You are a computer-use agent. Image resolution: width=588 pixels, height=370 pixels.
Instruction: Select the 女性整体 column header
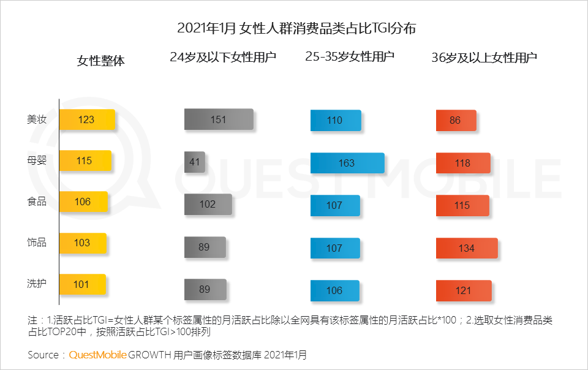(x=101, y=61)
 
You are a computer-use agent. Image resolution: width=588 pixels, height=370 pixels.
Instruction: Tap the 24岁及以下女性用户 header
(x=223, y=58)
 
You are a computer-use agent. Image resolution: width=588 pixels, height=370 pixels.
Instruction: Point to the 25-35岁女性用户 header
(x=350, y=57)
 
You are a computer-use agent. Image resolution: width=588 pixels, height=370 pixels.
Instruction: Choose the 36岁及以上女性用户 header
(x=484, y=58)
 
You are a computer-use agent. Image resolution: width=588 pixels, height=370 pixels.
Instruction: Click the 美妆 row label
(x=37, y=119)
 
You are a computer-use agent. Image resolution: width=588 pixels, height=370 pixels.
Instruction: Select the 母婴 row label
(x=37, y=161)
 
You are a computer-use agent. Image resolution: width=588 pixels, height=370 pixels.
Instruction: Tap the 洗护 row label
(x=37, y=284)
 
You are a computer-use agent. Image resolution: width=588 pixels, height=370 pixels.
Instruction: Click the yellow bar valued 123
(x=87, y=119)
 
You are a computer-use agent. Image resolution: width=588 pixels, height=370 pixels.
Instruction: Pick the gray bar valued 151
(x=219, y=119)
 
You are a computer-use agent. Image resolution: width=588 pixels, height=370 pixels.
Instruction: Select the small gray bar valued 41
(x=195, y=162)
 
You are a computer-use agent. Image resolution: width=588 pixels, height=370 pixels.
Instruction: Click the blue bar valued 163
(x=347, y=163)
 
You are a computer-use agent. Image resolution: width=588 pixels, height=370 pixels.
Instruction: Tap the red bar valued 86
(x=456, y=121)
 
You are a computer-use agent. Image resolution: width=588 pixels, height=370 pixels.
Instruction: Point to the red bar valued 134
(x=467, y=248)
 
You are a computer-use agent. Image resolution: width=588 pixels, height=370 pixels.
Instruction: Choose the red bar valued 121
(x=464, y=290)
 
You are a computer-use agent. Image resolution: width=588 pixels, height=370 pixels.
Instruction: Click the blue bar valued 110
(x=336, y=121)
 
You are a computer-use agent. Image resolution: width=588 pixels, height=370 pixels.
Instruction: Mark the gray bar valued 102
(x=208, y=205)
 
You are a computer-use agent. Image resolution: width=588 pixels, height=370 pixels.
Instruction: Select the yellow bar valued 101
(x=83, y=284)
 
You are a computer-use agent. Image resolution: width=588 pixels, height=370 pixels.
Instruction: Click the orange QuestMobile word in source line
(x=98, y=355)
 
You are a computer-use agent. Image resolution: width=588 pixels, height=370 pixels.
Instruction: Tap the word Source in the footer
(x=43, y=355)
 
